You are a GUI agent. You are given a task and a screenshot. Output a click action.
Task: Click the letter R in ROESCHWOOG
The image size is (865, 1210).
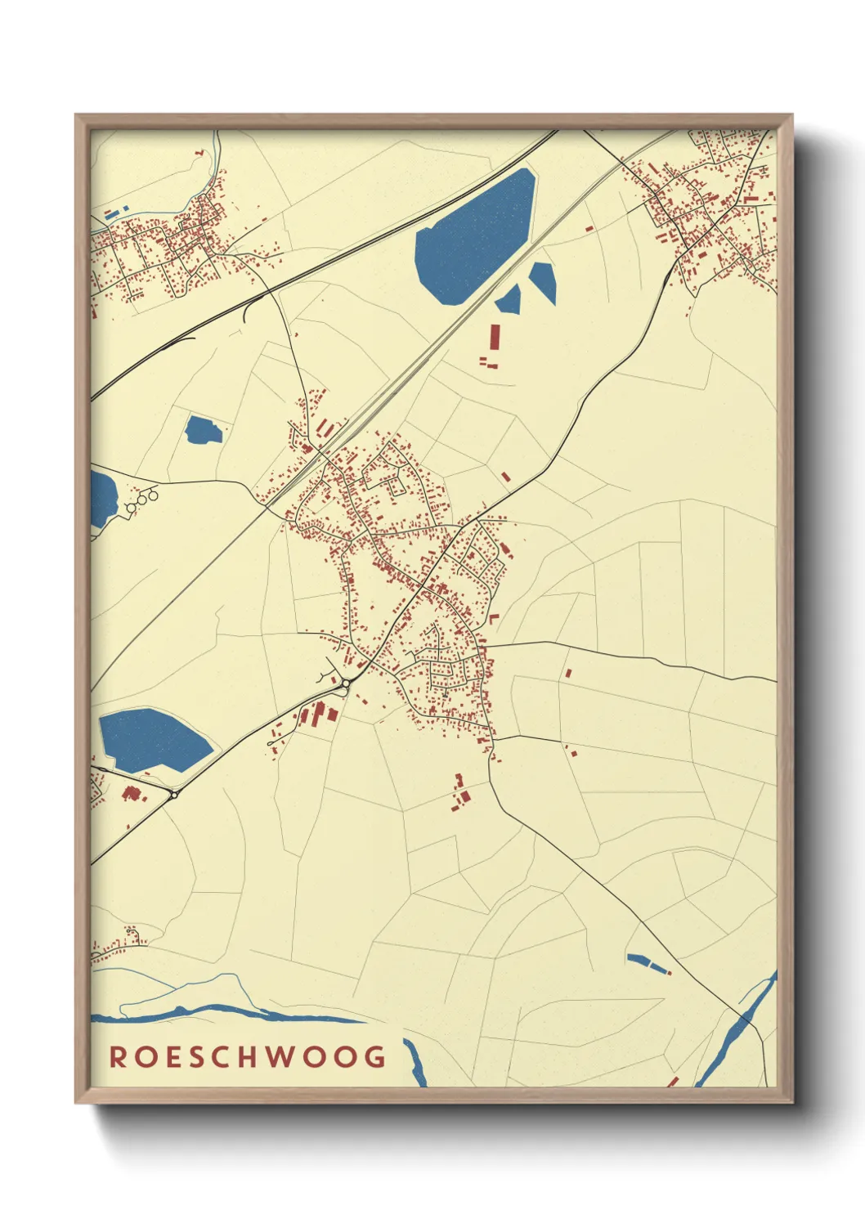tap(118, 1056)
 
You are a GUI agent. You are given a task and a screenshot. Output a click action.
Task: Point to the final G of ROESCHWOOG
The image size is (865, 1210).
tap(375, 1056)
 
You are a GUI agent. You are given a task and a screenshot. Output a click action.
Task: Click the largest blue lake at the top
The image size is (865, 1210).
tap(474, 237)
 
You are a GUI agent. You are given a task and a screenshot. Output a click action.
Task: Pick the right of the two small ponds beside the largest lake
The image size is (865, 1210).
tap(543, 282)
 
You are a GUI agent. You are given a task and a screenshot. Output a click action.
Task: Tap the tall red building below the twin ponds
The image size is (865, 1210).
tap(494, 338)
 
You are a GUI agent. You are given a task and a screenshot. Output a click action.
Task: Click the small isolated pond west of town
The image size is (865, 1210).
tap(202, 430)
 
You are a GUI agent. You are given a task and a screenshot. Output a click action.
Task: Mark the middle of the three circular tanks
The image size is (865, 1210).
tap(141, 497)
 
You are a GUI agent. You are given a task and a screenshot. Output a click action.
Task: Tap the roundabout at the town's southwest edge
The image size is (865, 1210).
tap(347, 683)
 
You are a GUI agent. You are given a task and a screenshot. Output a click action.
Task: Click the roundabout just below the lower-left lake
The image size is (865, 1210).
tap(174, 794)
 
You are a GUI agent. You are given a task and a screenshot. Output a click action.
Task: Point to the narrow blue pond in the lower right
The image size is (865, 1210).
tap(648, 963)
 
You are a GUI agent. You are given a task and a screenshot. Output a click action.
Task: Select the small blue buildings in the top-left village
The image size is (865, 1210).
tap(112, 214)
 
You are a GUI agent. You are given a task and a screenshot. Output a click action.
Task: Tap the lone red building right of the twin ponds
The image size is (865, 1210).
tap(589, 228)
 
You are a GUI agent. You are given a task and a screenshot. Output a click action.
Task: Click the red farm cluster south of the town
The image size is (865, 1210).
tap(460, 793)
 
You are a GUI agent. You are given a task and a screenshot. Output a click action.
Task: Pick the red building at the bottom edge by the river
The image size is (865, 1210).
tap(672, 1082)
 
